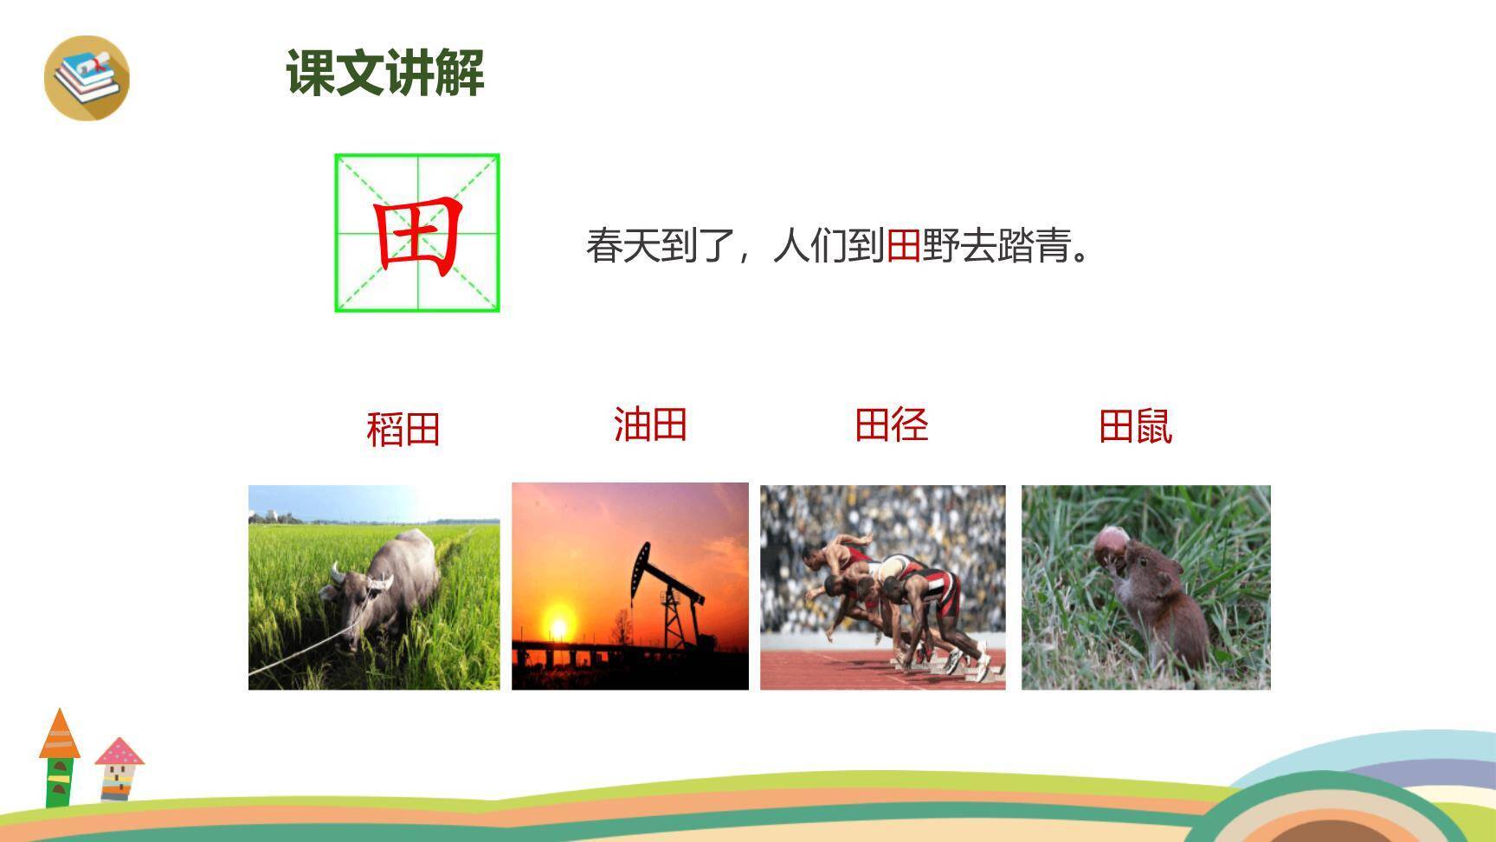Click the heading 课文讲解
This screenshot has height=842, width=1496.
[x=385, y=73]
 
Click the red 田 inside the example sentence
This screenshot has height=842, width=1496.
[x=903, y=246]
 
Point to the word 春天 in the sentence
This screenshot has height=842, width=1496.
[x=622, y=246]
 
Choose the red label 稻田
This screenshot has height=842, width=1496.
[x=403, y=429]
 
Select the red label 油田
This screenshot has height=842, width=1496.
[x=650, y=425]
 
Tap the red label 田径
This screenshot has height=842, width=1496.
[x=892, y=425]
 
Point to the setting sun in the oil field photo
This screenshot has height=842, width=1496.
[x=558, y=625]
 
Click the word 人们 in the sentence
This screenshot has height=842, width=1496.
[x=809, y=246]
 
